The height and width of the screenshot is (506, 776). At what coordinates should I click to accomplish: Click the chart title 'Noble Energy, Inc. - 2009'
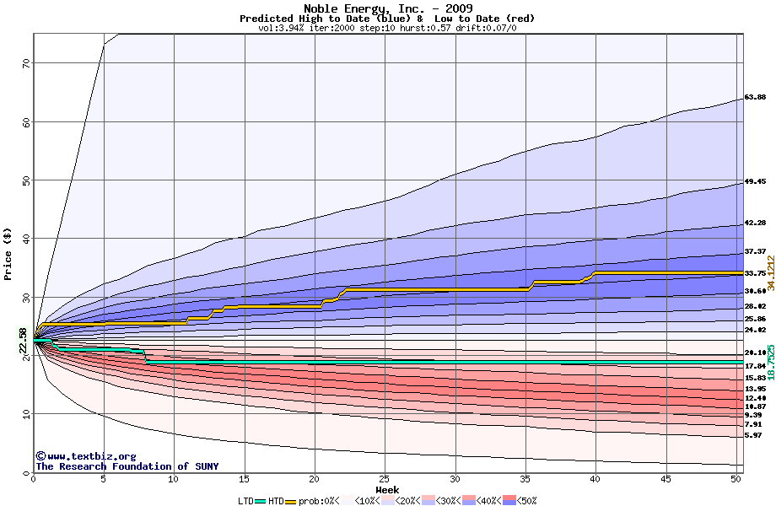pos(387,8)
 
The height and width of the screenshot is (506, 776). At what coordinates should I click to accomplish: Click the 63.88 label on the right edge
pos(755,98)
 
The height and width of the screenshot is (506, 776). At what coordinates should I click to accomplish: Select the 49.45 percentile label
pos(755,182)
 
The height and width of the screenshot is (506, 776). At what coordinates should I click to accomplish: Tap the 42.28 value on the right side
pos(755,223)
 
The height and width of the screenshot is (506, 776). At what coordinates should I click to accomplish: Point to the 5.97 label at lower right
pos(753,436)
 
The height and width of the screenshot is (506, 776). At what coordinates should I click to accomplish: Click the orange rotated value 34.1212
pos(770,262)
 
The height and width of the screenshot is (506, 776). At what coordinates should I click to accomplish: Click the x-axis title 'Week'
pos(387,489)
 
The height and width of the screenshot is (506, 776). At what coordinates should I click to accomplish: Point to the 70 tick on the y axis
pos(25,63)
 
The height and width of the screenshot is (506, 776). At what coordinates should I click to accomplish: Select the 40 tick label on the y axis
pos(25,239)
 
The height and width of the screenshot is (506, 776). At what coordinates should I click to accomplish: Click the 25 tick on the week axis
pos(385,479)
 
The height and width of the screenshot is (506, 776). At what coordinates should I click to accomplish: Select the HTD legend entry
pos(277,500)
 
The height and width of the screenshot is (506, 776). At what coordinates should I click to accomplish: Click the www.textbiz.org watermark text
pos(85,456)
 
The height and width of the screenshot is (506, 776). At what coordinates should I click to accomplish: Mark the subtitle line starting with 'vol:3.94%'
pos(387,28)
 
